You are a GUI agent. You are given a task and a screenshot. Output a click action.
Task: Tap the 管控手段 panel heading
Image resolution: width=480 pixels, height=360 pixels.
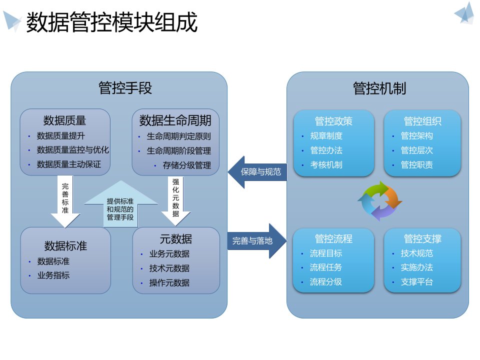pos(125,88)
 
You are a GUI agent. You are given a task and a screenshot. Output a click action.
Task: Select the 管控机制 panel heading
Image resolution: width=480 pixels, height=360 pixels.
pos(379,88)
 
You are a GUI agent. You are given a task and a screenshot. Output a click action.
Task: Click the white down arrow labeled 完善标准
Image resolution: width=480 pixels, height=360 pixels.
pos(65,200)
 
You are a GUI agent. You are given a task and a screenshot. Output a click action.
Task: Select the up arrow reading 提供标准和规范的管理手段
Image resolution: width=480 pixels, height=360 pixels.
pos(120,205)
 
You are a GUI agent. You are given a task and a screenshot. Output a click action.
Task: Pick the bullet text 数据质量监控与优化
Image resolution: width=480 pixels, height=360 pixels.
pos(73,149)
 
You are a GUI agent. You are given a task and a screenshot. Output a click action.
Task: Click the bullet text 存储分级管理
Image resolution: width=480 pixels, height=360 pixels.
pos(186,165)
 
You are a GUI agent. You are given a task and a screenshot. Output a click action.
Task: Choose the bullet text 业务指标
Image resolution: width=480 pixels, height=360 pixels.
pos(53,275)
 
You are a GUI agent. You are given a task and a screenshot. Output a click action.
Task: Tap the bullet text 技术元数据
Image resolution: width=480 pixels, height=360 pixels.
pos(169,268)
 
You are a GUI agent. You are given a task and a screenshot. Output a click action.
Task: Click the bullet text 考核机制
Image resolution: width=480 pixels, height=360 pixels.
pos(326,164)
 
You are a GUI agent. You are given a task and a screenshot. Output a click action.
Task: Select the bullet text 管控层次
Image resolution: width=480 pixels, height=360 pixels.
pos(416,150)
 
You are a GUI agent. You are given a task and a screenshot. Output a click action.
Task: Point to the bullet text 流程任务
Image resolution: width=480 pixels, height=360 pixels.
pos(326,267)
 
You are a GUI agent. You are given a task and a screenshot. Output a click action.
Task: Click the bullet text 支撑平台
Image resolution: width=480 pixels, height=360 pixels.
pos(416,282)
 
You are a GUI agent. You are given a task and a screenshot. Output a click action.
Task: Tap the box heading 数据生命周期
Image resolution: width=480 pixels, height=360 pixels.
pos(175,120)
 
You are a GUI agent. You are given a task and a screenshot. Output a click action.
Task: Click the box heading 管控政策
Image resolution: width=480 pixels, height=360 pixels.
pos(333,121)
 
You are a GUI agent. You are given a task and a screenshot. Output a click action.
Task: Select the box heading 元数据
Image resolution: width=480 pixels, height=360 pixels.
pos(175,238)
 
